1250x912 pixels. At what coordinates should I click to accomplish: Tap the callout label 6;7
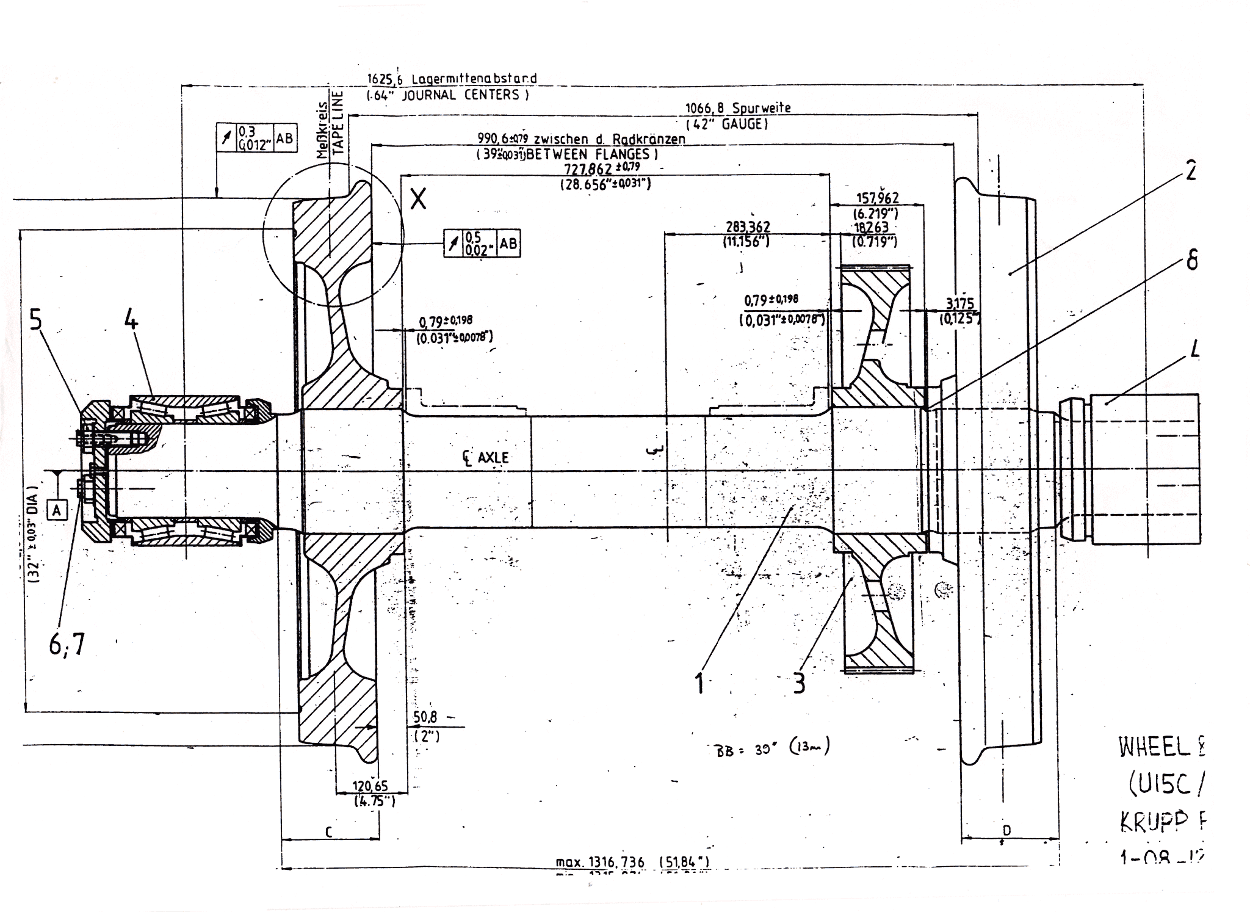[68, 644]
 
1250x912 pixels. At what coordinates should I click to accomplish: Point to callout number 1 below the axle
[700, 682]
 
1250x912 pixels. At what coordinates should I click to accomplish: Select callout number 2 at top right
[1190, 170]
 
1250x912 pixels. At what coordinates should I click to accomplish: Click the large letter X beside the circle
[418, 199]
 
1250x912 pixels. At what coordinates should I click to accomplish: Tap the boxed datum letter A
[57, 509]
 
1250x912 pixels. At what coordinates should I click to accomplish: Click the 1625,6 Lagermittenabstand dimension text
[452, 79]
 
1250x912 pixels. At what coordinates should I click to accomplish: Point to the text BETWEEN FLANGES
[591, 154]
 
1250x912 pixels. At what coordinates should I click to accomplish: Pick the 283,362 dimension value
[748, 227]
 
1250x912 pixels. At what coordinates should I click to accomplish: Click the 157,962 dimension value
[877, 198]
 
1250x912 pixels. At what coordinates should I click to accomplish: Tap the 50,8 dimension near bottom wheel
[425, 718]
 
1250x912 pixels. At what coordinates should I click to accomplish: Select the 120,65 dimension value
[370, 787]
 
